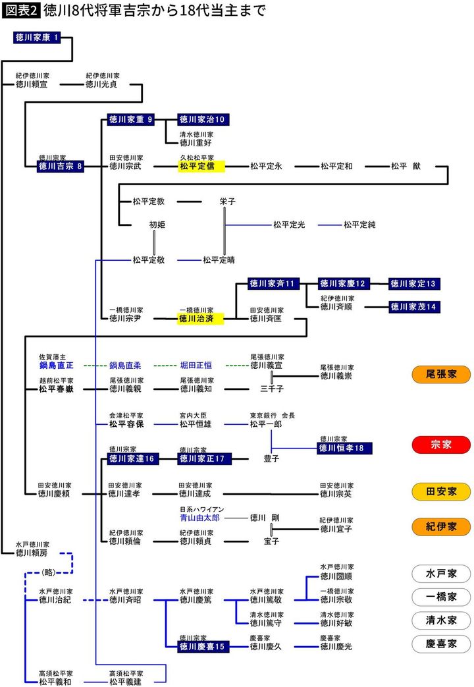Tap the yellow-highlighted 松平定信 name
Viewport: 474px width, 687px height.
point(201,166)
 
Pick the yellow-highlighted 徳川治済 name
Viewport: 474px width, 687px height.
point(201,318)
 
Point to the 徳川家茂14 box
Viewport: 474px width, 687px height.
point(414,306)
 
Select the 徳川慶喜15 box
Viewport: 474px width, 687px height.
point(202,646)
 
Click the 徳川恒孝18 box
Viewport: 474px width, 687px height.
point(344,448)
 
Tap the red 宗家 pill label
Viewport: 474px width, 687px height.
point(441,445)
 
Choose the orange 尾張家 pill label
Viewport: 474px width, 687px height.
point(441,374)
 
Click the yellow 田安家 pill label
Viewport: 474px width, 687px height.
point(441,491)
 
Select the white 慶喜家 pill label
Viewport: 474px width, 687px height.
point(441,644)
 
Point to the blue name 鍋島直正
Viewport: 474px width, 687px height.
point(56,365)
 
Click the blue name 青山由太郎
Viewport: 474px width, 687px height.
point(201,518)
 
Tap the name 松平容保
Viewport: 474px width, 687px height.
point(126,425)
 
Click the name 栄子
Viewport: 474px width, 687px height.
point(228,202)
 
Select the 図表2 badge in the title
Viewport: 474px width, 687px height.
point(20,12)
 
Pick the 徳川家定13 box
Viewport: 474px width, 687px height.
point(414,283)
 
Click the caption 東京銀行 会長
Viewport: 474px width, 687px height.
point(272,416)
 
